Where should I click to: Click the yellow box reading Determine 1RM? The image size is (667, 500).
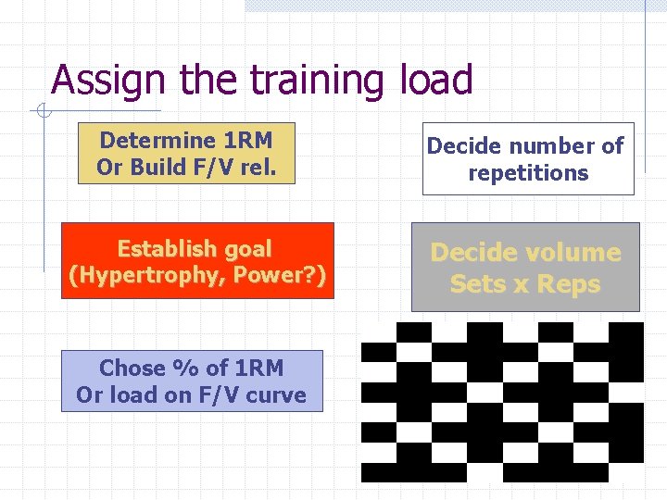[186, 154]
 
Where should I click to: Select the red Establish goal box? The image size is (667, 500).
[195, 262]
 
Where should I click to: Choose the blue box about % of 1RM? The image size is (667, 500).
[192, 381]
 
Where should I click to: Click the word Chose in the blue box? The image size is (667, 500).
[130, 368]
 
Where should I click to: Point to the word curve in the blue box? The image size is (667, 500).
[275, 394]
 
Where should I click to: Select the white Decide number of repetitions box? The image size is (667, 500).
[528, 159]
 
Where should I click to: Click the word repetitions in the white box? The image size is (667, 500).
[528, 173]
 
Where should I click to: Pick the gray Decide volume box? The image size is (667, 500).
[525, 267]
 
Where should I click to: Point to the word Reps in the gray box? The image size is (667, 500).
[567, 284]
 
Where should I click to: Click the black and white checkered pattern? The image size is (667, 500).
[501, 402]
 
